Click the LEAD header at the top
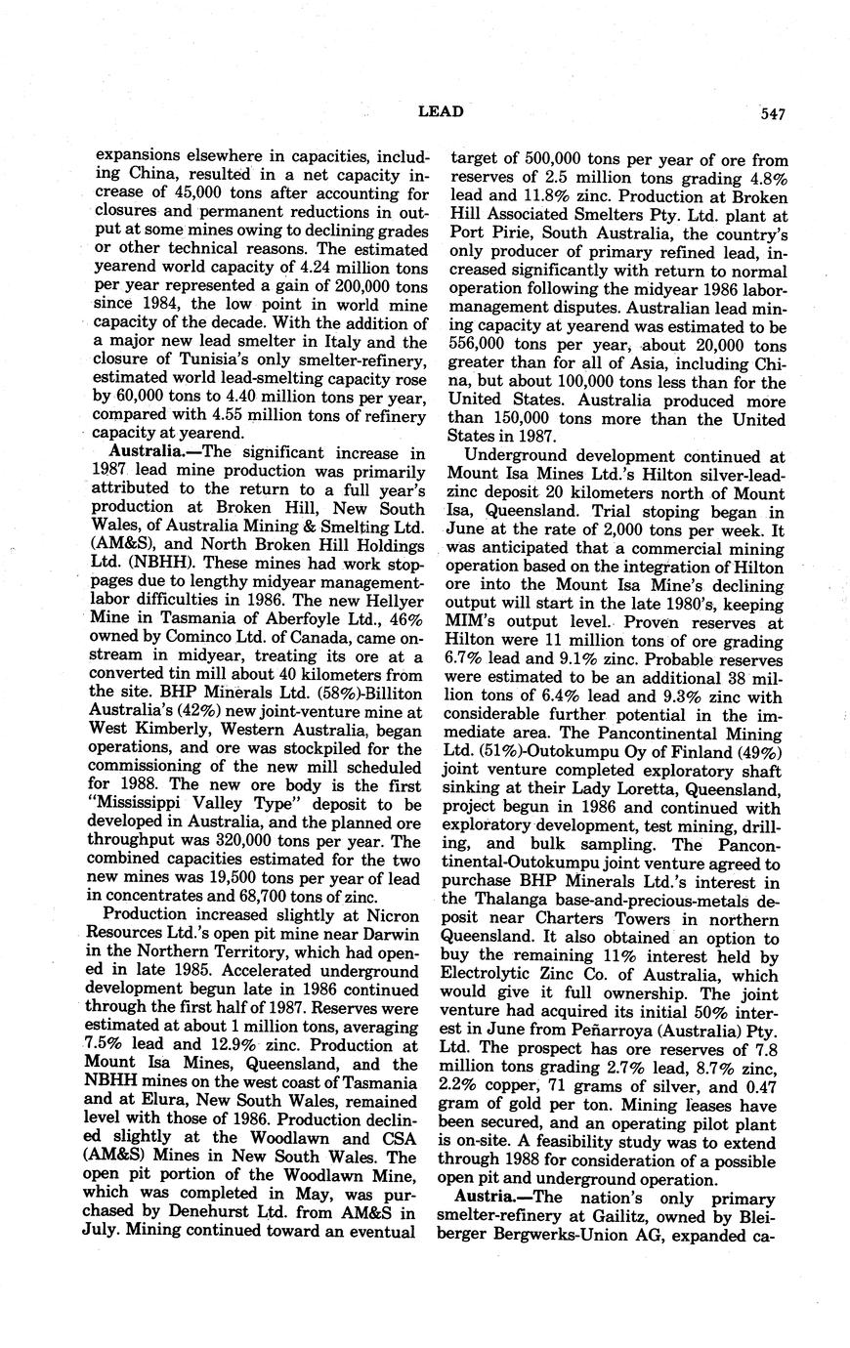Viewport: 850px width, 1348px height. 440,112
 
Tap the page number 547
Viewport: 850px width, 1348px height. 771,113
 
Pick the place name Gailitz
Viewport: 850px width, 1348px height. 635,1216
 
